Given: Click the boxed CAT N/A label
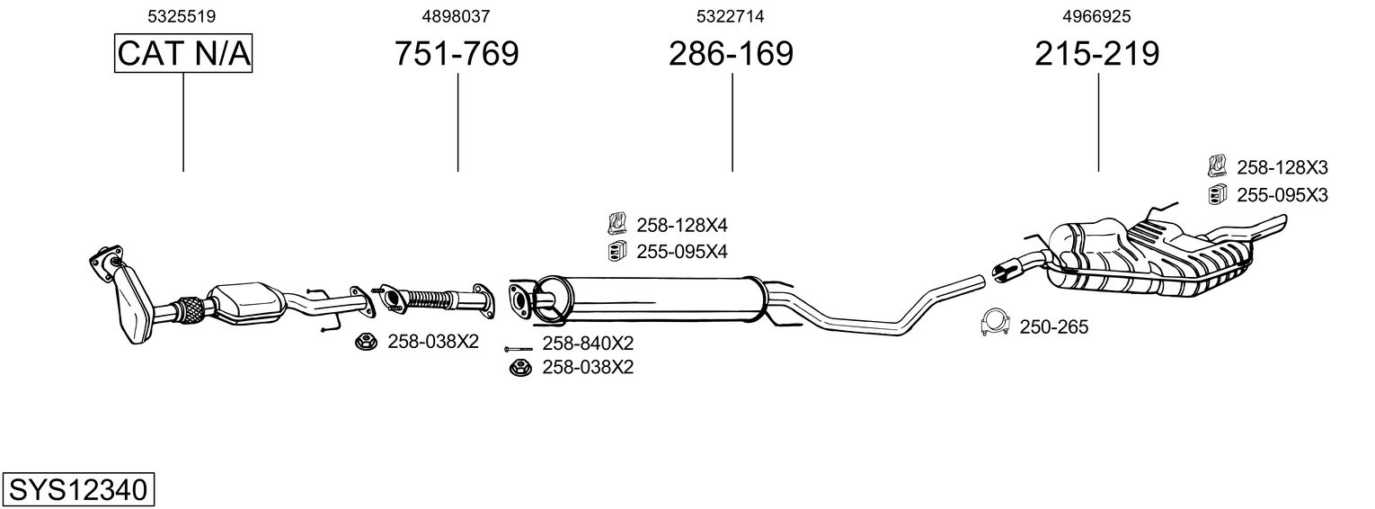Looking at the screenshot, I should click(x=183, y=54).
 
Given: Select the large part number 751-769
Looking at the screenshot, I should click(x=457, y=54).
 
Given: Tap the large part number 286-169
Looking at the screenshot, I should click(x=731, y=54).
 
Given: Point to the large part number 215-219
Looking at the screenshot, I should click(x=1096, y=54).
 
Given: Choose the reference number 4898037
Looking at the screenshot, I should click(x=457, y=16).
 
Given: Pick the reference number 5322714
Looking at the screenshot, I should click(x=731, y=16).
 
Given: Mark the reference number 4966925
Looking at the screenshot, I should click(x=1096, y=16).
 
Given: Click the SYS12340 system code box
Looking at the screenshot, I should click(x=77, y=490).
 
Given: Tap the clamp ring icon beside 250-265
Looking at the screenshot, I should click(x=995, y=324).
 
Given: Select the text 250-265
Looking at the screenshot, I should click(x=1053, y=327).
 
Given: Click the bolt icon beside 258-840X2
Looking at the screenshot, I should click(x=519, y=347).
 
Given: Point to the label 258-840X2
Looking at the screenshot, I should click(x=588, y=344).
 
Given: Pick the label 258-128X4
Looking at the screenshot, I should click(x=681, y=225).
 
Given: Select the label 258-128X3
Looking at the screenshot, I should click(x=1282, y=167).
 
